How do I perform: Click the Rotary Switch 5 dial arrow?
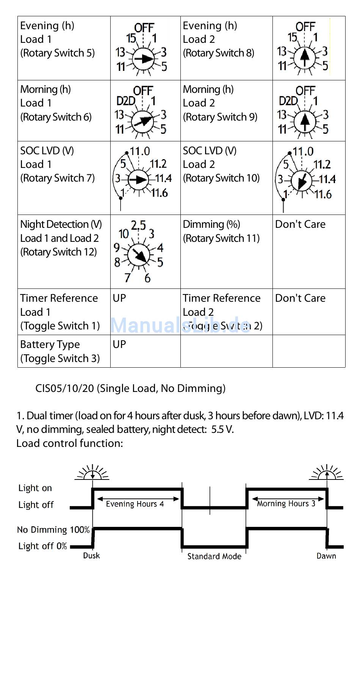click(x=143, y=59)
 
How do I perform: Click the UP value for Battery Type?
click(x=119, y=344)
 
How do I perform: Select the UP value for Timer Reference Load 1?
click(x=119, y=298)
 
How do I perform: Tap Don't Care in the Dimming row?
click(x=300, y=224)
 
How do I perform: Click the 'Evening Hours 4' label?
click(x=135, y=504)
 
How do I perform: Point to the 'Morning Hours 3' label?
click(x=286, y=503)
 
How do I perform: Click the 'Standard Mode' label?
click(x=214, y=556)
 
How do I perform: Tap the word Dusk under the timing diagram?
click(x=91, y=555)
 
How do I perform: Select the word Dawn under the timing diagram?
click(x=326, y=556)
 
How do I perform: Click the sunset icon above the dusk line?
click(x=92, y=472)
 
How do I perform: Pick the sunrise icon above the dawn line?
click(x=327, y=472)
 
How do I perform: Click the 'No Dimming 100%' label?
click(x=53, y=530)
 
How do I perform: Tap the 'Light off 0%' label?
click(x=42, y=546)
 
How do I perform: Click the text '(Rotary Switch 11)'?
click(x=221, y=238)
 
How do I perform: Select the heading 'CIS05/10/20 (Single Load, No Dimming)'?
click(x=130, y=388)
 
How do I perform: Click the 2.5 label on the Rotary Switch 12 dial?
click(x=138, y=226)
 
